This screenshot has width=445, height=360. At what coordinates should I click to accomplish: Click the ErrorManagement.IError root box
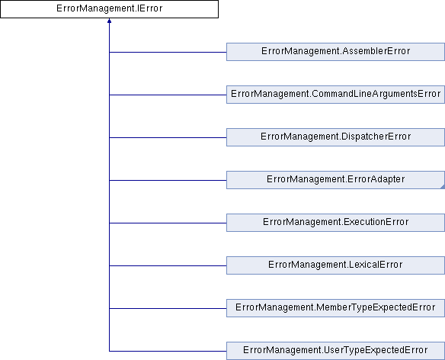click(x=109, y=9)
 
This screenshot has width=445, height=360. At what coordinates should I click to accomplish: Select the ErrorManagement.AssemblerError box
click(x=335, y=52)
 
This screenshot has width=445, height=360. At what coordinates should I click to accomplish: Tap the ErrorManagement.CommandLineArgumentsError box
click(x=335, y=95)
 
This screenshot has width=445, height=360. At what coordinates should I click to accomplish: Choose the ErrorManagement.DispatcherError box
click(x=335, y=137)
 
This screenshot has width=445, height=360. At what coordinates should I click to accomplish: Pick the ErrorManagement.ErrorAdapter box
click(x=335, y=180)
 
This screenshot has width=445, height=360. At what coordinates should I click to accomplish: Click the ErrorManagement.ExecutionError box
click(x=335, y=223)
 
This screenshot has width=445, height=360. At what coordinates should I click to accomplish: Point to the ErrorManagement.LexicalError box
click(x=335, y=265)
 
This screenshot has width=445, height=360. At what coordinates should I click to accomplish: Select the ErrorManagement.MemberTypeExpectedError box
click(x=335, y=308)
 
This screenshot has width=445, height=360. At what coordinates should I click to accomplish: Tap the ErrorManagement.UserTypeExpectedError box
click(x=335, y=351)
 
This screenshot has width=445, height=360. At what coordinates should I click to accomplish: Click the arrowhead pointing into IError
click(x=109, y=21)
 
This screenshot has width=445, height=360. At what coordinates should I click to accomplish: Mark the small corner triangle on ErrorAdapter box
click(x=443, y=187)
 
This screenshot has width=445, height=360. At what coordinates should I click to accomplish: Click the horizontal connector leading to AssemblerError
click(x=168, y=52)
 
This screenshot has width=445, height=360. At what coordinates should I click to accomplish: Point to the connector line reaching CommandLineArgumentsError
click(x=168, y=95)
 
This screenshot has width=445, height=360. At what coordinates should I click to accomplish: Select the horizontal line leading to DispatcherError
click(x=168, y=137)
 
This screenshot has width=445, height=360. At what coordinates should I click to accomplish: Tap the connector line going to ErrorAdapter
click(x=168, y=180)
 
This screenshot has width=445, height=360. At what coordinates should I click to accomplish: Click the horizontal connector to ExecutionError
click(x=168, y=223)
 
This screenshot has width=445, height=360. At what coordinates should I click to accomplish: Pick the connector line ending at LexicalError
click(x=168, y=265)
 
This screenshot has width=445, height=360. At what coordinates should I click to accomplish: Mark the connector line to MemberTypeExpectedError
click(x=168, y=308)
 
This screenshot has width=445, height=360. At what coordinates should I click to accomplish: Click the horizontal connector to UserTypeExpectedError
click(x=168, y=351)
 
